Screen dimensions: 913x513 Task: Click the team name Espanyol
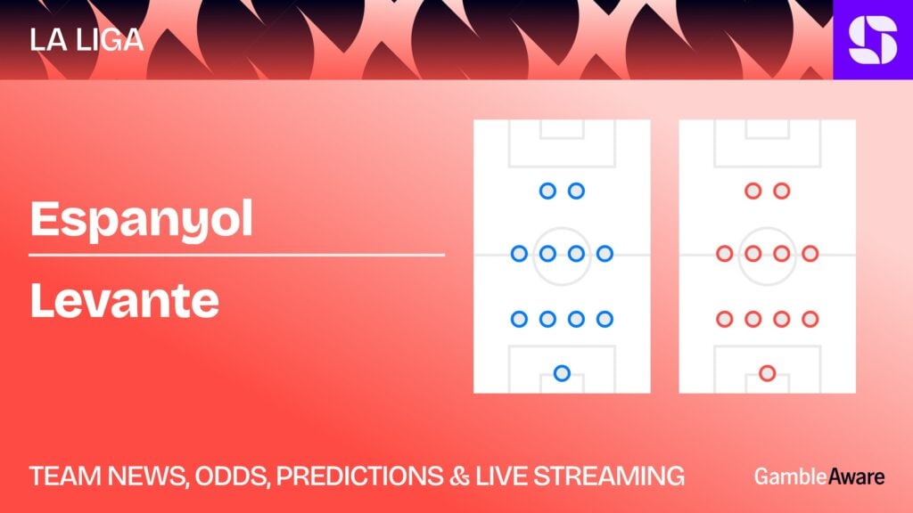point(142,220)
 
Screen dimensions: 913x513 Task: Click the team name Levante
point(125,301)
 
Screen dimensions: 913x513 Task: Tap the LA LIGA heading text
point(86,40)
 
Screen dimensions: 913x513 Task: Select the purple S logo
point(873,39)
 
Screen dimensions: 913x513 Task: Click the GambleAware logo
point(819,476)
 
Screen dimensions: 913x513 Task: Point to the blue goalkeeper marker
point(562,373)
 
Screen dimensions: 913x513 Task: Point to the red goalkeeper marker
point(768,373)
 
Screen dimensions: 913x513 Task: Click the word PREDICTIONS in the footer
point(359,476)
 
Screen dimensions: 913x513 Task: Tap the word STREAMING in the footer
point(609,476)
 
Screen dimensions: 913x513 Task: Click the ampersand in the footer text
point(459,476)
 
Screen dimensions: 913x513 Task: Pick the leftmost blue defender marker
point(519,319)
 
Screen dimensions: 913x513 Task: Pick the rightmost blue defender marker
point(605,319)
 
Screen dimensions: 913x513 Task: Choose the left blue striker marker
point(547,191)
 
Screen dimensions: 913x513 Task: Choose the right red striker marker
point(781,191)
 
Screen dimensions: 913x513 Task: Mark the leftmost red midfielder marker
point(724,254)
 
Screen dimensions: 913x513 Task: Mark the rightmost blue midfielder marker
point(605,254)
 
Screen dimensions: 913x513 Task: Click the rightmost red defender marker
point(810,319)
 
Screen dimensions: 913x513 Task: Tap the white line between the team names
point(237,255)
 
